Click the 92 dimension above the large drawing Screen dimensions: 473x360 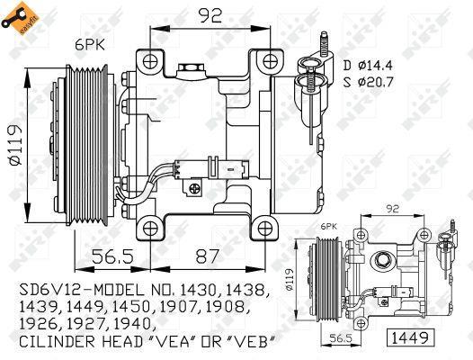(x=210, y=15)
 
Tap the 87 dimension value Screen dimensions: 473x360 (x=207, y=256)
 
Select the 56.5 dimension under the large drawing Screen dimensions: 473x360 (x=112, y=256)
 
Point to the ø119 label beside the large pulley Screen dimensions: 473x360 (x=15, y=145)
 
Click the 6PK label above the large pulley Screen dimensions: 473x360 (x=90, y=45)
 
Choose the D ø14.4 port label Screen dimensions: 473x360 (x=368, y=65)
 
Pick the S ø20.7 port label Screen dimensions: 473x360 (x=369, y=82)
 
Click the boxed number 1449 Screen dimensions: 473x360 (x=412, y=337)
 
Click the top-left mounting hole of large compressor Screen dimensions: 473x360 (x=150, y=62)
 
